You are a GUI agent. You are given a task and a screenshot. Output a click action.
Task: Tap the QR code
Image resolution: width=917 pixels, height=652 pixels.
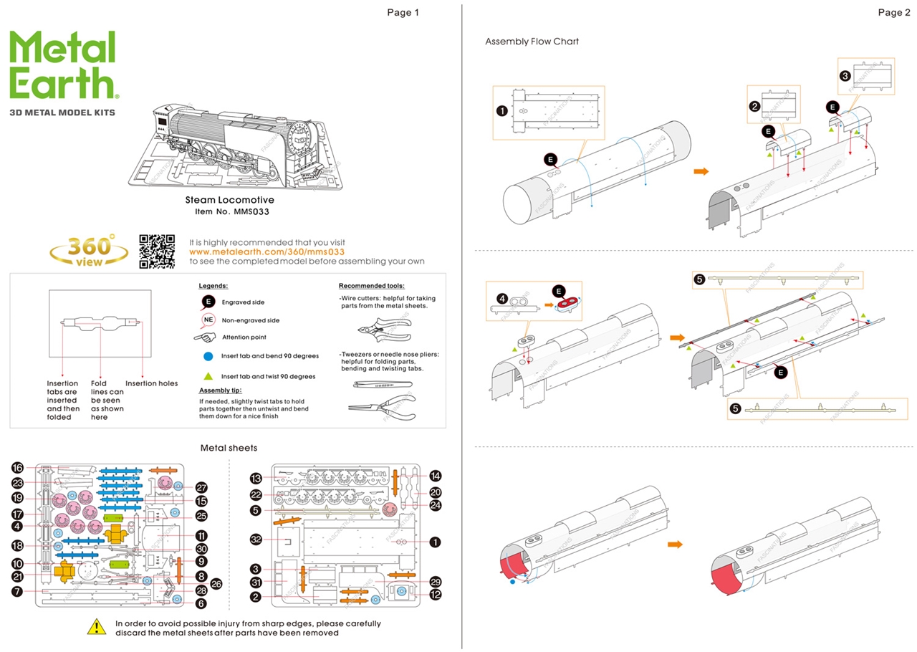point(157,251)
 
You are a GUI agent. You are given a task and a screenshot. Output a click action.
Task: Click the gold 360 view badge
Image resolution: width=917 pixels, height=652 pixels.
point(89,251)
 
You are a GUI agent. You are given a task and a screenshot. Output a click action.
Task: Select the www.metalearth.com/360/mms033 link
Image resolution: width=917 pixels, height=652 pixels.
point(267,252)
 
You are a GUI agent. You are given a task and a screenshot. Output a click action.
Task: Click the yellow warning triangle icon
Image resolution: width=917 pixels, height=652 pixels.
point(97,627)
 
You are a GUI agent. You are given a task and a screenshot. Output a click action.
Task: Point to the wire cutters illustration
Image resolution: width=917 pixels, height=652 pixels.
point(383,328)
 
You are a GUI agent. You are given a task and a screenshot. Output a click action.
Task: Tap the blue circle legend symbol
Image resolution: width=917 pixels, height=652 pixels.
point(208,356)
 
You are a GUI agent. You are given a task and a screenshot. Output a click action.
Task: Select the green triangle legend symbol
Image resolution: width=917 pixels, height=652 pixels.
point(208,375)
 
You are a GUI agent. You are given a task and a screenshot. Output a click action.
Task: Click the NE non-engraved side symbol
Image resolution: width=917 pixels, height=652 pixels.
point(208,320)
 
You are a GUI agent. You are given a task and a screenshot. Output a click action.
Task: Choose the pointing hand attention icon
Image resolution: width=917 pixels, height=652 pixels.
point(205,337)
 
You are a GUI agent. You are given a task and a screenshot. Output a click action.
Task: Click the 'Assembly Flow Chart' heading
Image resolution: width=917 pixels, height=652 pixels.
point(532,42)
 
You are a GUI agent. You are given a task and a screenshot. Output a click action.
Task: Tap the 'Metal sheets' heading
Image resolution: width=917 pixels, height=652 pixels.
point(229,448)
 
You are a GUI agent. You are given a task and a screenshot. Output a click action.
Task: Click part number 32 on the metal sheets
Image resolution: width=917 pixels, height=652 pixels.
point(256,538)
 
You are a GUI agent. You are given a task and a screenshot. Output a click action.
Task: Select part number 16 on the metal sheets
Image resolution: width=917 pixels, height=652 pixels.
point(18,467)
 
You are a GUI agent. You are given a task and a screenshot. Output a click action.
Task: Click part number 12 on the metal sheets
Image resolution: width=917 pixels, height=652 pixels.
point(435,594)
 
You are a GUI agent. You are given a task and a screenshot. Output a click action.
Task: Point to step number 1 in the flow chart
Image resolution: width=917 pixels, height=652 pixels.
point(501,110)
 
